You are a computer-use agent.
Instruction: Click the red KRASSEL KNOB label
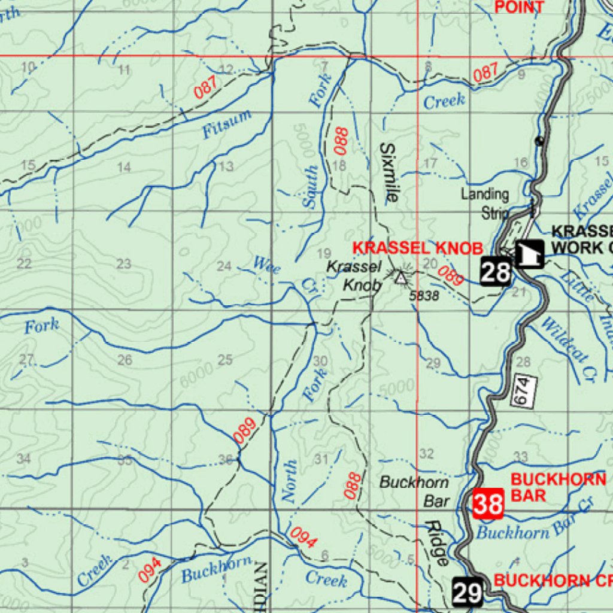417,248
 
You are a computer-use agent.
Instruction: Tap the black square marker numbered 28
496,273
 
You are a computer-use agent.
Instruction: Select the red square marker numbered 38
488,504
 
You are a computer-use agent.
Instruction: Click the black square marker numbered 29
467,593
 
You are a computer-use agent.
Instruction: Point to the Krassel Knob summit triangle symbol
400,277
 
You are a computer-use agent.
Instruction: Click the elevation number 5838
424,296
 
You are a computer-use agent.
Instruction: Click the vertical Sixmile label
389,174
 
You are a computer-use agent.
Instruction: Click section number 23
124,264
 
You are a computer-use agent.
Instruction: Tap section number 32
426,454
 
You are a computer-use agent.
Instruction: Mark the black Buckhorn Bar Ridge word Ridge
438,543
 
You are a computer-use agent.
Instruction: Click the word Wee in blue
266,264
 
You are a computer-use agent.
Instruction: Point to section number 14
124,168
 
